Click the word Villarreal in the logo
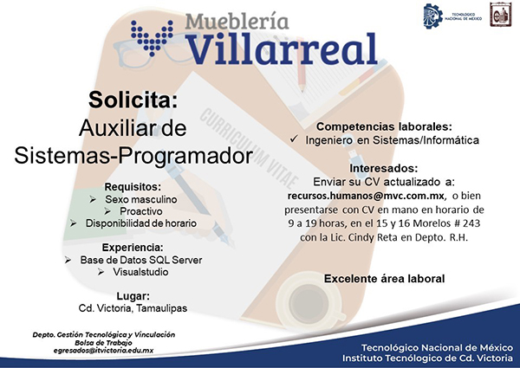tap(283, 48)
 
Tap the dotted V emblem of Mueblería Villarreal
tap(153, 37)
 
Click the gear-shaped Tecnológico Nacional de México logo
tap(433, 16)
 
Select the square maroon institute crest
tap(500, 14)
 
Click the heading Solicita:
tap(133, 100)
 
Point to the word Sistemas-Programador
tap(133, 155)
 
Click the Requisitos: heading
tap(133, 186)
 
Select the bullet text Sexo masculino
tap(141, 199)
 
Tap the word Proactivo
tap(141, 211)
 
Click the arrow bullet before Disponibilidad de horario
tap(74, 223)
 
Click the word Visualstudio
tap(140, 272)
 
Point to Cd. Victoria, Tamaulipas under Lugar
tap(133, 308)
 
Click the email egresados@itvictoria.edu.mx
tap(103, 350)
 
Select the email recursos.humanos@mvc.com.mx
tap(366, 196)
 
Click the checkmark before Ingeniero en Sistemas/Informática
tap(294, 139)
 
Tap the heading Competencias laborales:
tap(384, 126)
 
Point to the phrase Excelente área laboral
tap(384, 279)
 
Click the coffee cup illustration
tap(310, 302)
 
